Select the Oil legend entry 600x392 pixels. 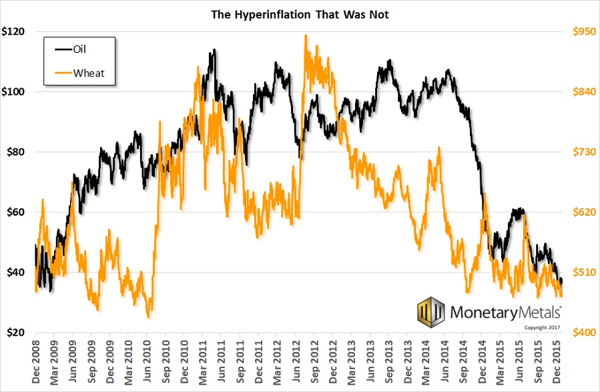click(79, 48)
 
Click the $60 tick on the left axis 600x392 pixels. click(15, 212)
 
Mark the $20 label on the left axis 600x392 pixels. click(15, 333)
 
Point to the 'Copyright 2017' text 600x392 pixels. click(542, 327)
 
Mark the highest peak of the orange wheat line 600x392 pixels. click(306, 35)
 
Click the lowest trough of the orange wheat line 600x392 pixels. click(148, 317)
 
